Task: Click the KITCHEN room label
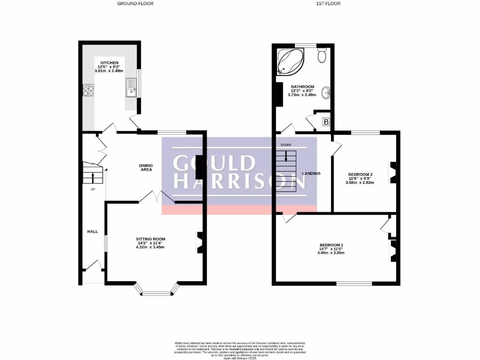109,63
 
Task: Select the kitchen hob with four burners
88,90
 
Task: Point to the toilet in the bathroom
322,56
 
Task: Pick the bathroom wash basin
326,92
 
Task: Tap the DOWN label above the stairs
286,145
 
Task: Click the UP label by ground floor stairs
93,189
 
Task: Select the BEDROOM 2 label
360,174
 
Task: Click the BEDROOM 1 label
331,245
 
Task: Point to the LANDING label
311,173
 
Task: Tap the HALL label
92,232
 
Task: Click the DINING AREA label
146,167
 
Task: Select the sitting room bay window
157,293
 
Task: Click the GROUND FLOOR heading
135,3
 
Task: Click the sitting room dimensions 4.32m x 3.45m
150,247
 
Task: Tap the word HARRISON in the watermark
239,181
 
